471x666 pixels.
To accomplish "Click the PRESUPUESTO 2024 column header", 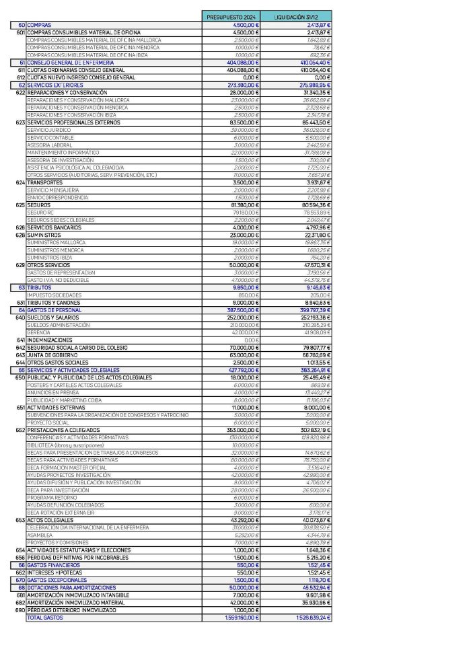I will tap(231, 15).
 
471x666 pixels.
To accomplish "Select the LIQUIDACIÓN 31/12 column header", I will tap(296, 15).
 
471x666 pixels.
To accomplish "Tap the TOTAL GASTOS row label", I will tap(42, 618).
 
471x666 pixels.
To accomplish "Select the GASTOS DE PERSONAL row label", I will tap(53, 309).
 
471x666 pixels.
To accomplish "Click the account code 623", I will tap(20, 123).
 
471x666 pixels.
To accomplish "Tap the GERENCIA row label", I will tap(38, 332).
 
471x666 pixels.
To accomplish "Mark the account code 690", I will tap(20, 610).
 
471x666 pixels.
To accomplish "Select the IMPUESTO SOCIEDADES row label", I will tap(54, 295).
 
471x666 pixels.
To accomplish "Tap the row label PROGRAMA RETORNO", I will tap(49, 497).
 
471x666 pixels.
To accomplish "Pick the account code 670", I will tap(20, 580).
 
